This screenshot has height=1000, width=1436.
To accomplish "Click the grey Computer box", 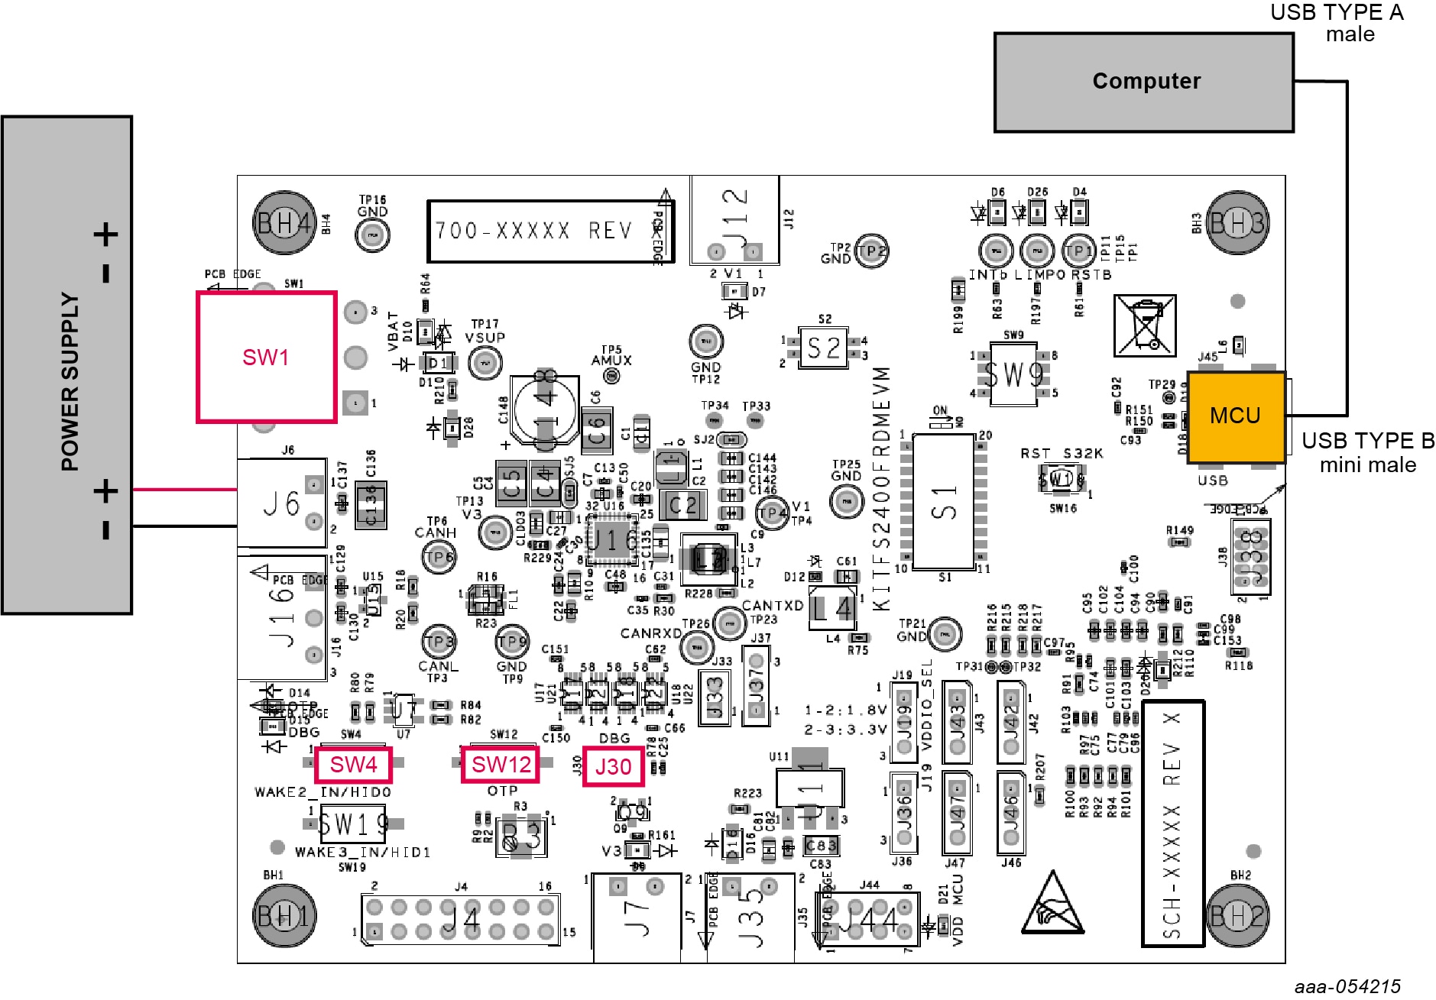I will pos(1143,83).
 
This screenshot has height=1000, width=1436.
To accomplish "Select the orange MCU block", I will pos(1235,416).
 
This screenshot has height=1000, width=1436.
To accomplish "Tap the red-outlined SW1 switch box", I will pos(266,357).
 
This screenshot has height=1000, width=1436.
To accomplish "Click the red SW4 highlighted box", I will pos(353,765).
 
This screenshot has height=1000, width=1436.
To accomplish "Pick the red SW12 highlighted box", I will pos(501,765).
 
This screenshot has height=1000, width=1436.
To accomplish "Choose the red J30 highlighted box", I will pos(613,766).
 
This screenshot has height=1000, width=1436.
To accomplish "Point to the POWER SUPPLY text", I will pos(70,382).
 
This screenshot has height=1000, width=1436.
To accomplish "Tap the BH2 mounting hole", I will pos(1237,914).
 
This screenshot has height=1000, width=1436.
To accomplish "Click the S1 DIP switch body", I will pos(944,501).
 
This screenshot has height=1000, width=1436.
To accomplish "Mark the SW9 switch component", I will pos(1013,374).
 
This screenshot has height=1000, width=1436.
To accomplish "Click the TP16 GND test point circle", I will pos(372,235).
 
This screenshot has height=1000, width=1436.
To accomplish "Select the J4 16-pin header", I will pos(460,920).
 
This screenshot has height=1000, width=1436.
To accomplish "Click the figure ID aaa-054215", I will pos(1347,986).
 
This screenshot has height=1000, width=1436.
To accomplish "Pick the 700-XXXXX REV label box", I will pos(550,231).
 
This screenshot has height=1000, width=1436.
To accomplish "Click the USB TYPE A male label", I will pos(1337,23).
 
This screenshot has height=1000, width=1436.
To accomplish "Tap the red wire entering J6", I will pos(184,490).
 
